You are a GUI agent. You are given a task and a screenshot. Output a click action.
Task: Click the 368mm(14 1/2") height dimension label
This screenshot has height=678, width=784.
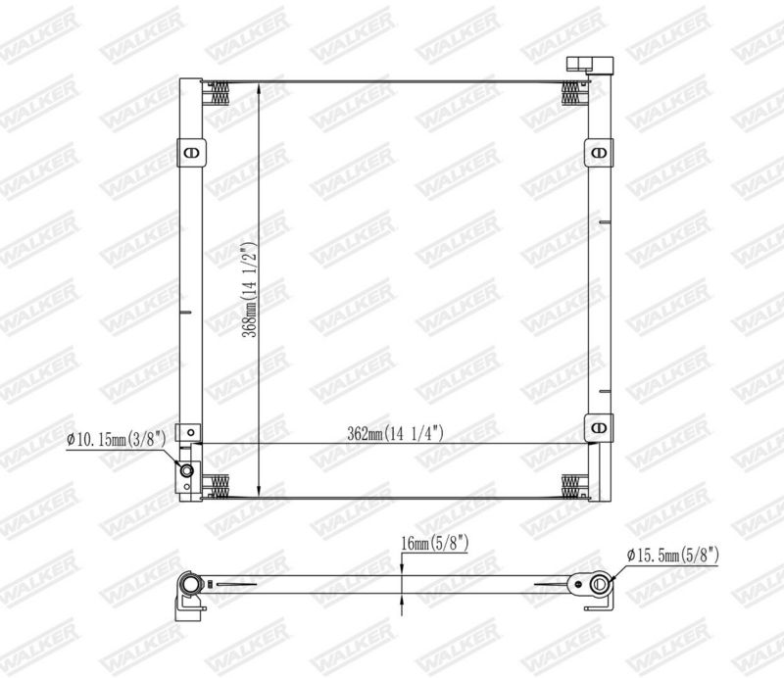(x=250, y=289)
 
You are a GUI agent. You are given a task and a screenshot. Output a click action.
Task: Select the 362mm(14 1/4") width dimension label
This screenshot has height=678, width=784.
(x=396, y=433)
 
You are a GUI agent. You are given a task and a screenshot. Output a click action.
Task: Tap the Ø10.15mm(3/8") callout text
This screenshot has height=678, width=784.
(x=116, y=440)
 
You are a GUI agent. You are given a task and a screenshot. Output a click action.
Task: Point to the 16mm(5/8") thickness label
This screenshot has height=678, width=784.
(x=434, y=544)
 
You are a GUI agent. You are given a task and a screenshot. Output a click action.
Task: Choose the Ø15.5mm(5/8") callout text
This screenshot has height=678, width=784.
(x=673, y=554)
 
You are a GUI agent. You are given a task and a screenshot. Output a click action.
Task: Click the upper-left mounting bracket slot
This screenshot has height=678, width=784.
(x=191, y=153)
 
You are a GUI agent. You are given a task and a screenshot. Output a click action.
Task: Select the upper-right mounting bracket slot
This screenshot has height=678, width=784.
(x=599, y=152)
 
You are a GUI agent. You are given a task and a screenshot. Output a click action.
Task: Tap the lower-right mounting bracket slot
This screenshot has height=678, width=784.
(x=599, y=427)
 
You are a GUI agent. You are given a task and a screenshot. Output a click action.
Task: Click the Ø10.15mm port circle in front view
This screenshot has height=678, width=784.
(x=187, y=470)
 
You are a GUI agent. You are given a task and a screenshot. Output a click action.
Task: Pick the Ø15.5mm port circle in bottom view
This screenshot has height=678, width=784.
(x=599, y=584)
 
